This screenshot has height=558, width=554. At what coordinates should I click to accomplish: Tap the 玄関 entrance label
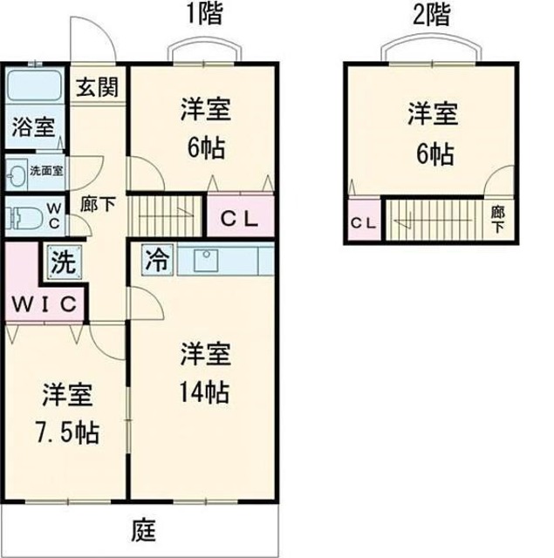tap(97, 87)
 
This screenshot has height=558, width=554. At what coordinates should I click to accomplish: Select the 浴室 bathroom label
tap(32, 127)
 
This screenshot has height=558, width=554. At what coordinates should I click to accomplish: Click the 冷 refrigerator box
tap(158, 259)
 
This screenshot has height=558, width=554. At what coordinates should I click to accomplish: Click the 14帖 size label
tap(206, 393)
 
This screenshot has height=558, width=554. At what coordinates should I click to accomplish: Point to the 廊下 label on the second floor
tap(496, 217)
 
